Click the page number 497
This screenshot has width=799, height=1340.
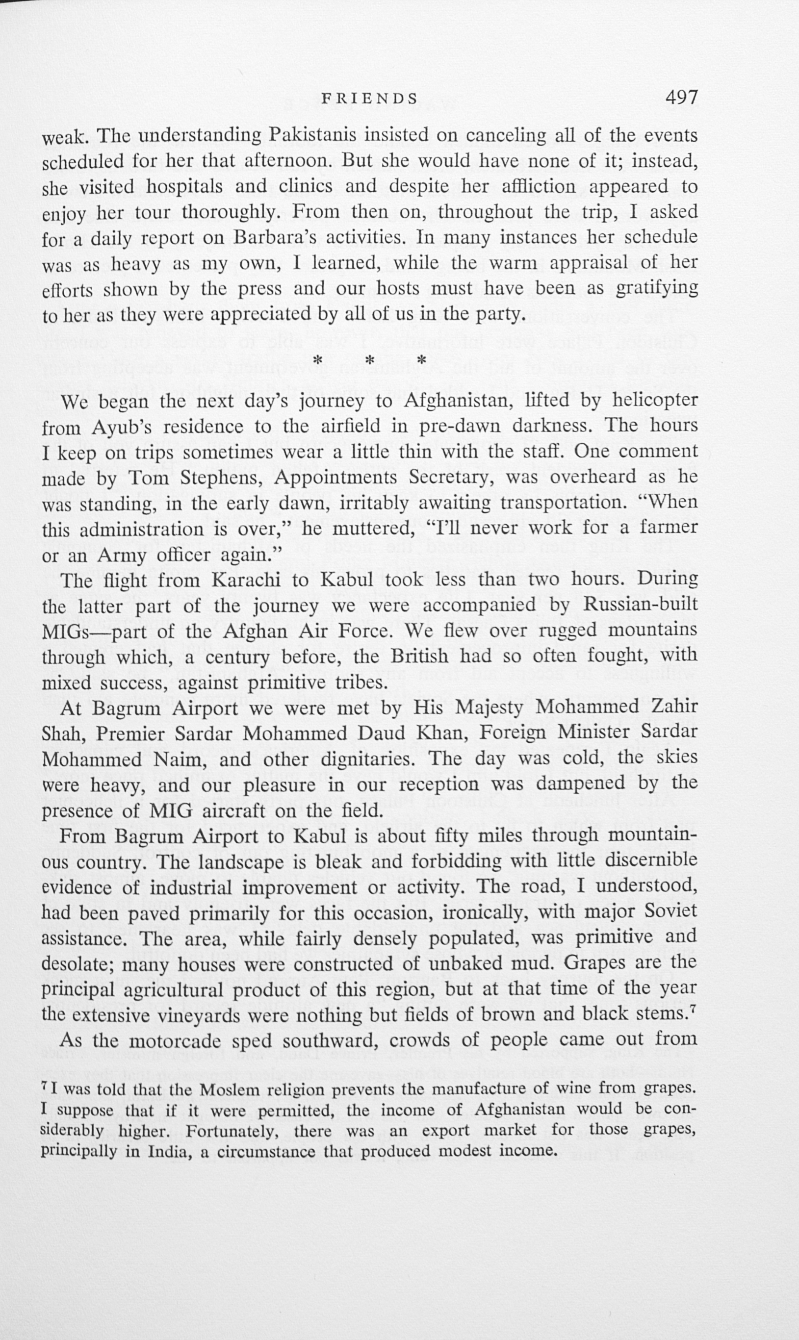pos(681,98)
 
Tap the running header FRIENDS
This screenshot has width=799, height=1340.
pos(369,99)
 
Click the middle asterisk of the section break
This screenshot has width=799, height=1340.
pos(370,359)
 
